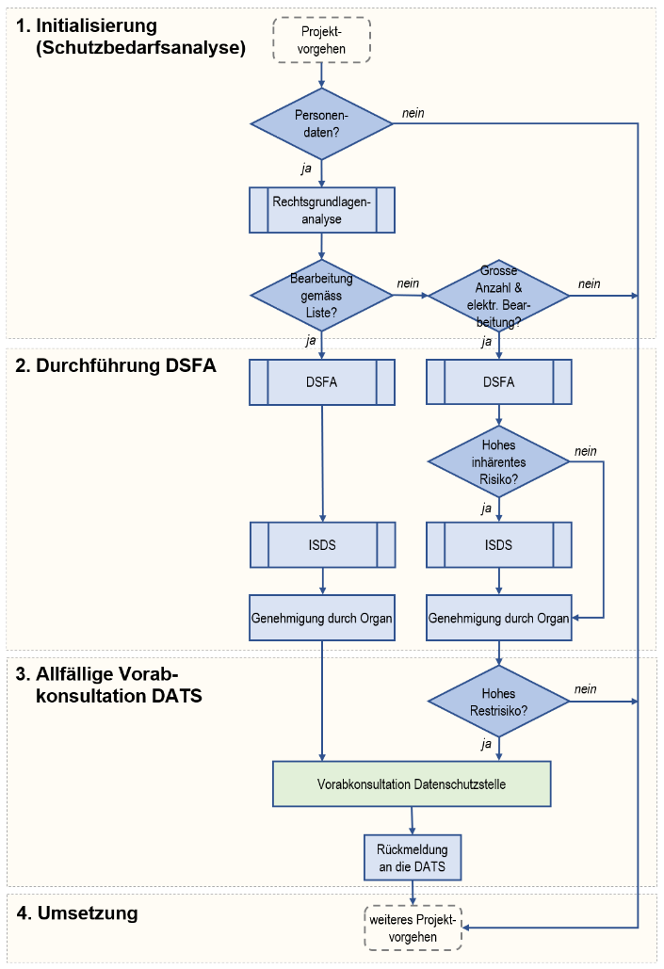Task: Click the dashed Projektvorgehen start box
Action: [x=322, y=40]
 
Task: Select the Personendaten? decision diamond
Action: [x=322, y=122]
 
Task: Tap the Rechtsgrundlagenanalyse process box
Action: [x=322, y=210]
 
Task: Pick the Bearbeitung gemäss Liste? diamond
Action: [x=322, y=295]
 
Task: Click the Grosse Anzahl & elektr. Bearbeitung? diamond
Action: [x=498, y=296]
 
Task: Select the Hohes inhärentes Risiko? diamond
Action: [x=498, y=461]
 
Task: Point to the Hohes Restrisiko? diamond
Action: [x=498, y=702]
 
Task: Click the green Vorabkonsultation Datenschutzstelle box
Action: [x=413, y=783]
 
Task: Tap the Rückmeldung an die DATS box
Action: [x=413, y=856]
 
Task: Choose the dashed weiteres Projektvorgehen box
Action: [x=413, y=929]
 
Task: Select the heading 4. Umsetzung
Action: [x=77, y=912]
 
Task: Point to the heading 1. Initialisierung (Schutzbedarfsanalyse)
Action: [x=131, y=37]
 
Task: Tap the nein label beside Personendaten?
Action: [x=413, y=113]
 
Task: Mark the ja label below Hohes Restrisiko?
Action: [x=486, y=743]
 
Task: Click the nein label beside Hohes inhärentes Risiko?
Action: [x=585, y=451]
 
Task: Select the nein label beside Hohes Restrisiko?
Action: [x=585, y=689]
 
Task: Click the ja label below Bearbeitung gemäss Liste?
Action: [x=310, y=341]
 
